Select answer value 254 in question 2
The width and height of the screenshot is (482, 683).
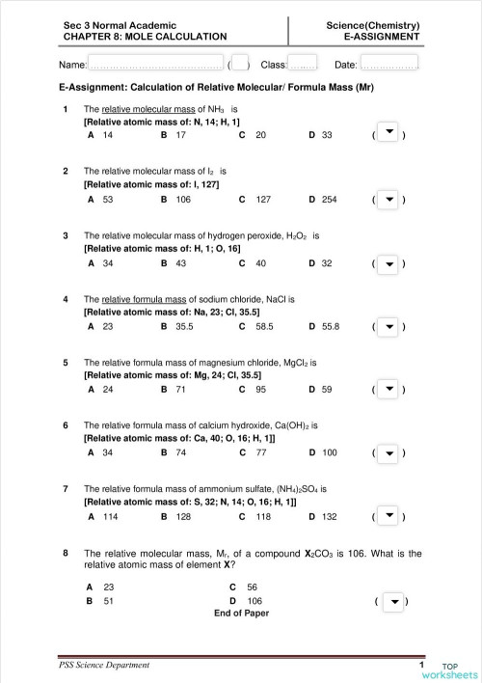click(x=329, y=200)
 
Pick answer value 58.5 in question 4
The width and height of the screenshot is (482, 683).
click(x=260, y=327)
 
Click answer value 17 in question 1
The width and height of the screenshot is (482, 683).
click(x=181, y=136)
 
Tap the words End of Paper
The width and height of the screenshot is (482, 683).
click(x=241, y=613)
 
